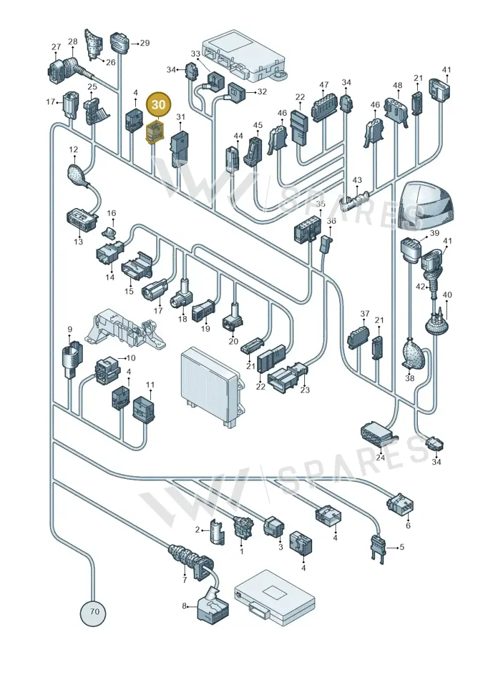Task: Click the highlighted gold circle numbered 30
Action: (159, 104)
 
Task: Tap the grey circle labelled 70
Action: (93, 611)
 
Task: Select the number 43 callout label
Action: (357, 180)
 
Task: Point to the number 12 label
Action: (73, 150)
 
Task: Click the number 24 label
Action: (380, 458)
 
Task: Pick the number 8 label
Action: (184, 605)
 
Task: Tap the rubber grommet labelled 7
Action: (187, 558)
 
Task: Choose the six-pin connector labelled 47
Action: (324, 106)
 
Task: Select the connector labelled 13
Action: (80, 219)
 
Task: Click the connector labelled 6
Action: (399, 507)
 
